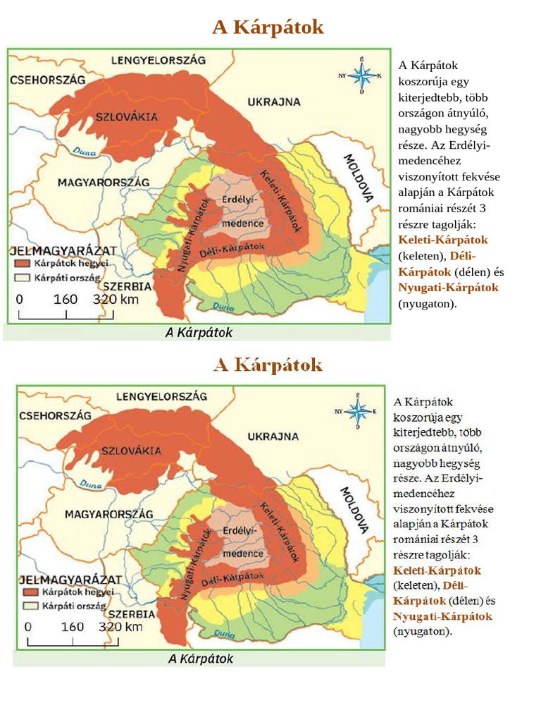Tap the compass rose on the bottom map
(359, 410)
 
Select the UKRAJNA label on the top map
(274, 102)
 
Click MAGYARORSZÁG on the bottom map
(108, 515)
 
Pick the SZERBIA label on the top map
(127, 287)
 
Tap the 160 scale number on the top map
(65, 298)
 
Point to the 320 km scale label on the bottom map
(121, 626)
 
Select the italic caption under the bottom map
(200, 659)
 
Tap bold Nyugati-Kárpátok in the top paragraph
(448, 288)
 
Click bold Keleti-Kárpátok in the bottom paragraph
(437, 570)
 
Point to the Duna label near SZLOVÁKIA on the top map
(86, 149)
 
